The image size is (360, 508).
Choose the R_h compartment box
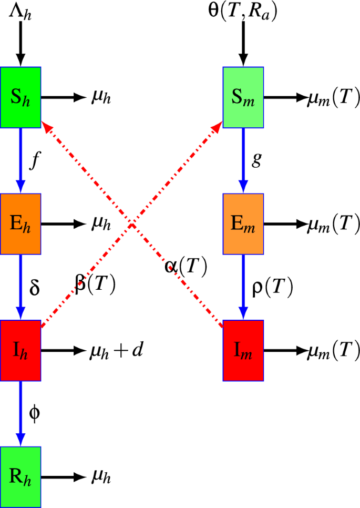(x=20, y=477)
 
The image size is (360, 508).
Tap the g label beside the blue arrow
(x=256, y=161)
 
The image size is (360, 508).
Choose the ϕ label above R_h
(x=34, y=413)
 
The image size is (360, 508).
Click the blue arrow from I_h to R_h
(x=20, y=413)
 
